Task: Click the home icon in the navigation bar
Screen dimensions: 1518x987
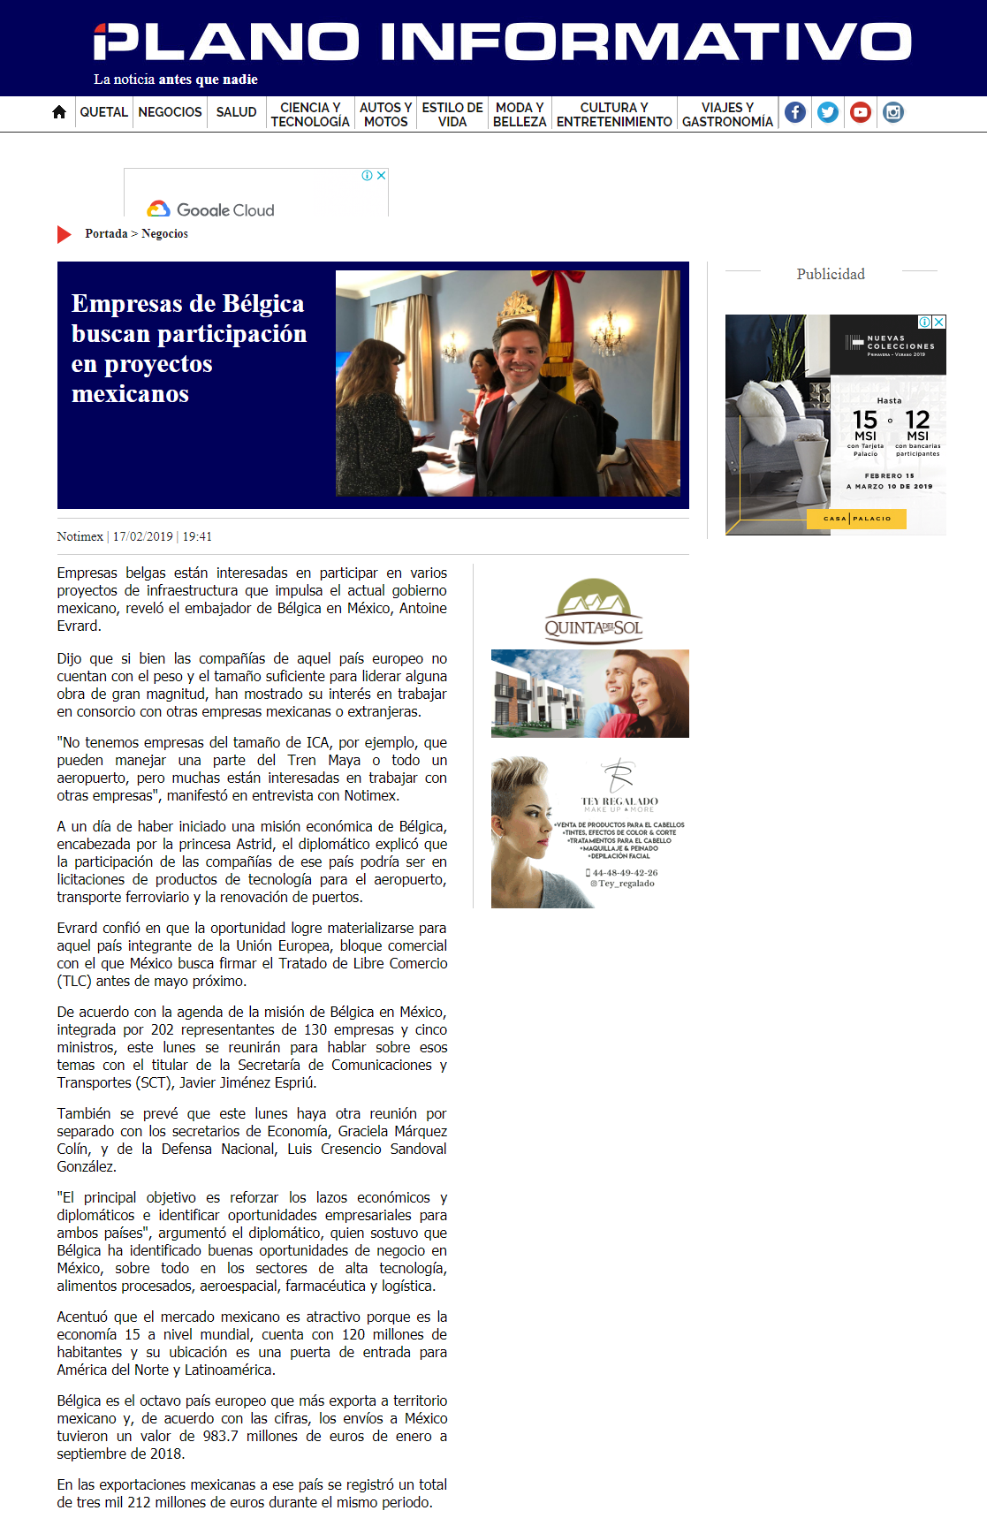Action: tap(59, 112)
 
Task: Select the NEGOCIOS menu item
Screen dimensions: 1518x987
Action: tap(170, 112)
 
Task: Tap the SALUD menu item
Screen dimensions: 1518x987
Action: tap(236, 112)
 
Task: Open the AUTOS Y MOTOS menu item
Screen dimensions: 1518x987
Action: tap(385, 114)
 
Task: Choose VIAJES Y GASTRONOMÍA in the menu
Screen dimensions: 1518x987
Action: tap(727, 114)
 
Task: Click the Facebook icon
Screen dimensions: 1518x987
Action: tap(795, 112)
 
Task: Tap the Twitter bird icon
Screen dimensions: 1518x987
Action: tap(828, 112)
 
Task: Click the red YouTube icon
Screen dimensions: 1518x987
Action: tap(861, 112)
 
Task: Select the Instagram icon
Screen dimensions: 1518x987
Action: tap(893, 112)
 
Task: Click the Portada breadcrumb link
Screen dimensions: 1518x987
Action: tap(106, 234)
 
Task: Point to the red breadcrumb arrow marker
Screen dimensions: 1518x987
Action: tap(64, 234)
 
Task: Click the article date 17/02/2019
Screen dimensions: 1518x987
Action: tap(142, 536)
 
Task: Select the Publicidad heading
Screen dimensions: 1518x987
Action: tap(831, 274)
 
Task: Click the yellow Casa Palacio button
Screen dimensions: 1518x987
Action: tap(856, 519)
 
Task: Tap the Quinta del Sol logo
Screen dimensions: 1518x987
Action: tap(593, 611)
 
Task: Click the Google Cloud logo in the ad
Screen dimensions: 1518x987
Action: tap(211, 209)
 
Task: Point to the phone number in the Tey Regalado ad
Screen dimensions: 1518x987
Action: tap(624, 872)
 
